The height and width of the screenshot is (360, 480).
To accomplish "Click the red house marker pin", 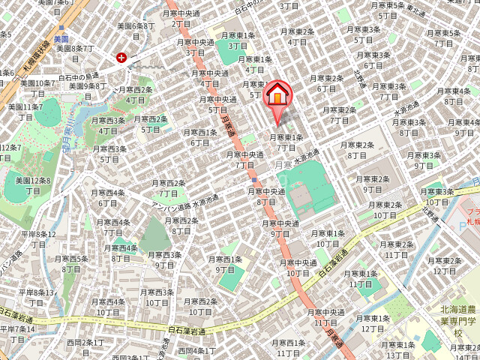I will coord(277,95).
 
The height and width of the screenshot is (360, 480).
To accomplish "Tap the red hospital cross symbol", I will coord(121,57).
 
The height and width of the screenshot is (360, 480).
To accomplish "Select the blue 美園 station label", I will coord(61,38).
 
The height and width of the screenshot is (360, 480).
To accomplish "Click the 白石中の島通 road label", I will coord(80,75).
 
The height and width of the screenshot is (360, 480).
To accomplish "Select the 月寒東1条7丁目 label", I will coord(287,142).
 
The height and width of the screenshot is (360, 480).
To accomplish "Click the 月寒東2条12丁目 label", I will coord(442,265).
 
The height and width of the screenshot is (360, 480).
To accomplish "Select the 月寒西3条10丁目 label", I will coord(156,297).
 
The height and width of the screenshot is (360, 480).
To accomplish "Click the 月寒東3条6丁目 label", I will coord(373,60).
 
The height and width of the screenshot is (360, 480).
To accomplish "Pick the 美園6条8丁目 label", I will coord(136,30).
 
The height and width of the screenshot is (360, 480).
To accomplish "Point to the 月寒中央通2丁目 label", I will coord(181,18).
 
